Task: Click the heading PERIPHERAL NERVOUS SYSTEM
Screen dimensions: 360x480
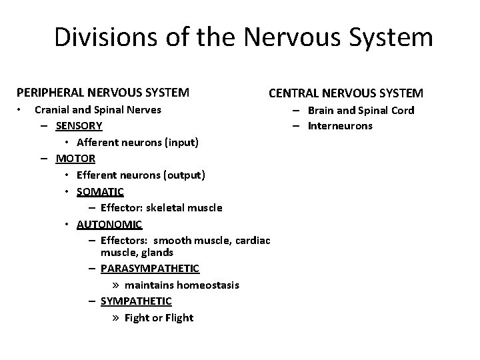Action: pyautogui.click(x=102, y=92)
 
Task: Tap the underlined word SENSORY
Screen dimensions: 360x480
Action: pyautogui.click(x=79, y=126)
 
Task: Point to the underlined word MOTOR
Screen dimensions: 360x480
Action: pyautogui.click(x=75, y=159)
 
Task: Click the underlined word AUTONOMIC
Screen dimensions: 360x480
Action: pyautogui.click(x=109, y=224)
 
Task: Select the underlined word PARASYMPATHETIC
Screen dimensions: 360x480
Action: pyautogui.click(x=149, y=268)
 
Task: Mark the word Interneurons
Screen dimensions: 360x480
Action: pyautogui.click(x=340, y=126)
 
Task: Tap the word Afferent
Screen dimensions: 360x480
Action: pyautogui.click(x=99, y=142)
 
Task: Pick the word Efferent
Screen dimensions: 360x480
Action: pyautogui.click(x=98, y=175)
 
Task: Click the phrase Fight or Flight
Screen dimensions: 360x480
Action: pyautogui.click(x=159, y=317)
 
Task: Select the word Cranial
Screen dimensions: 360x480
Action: pyautogui.click(x=53, y=110)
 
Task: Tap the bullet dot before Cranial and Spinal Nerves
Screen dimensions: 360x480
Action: pyautogui.click(x=21, y=109)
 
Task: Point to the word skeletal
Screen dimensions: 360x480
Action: pyautogui.click(x=164, y=207)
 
